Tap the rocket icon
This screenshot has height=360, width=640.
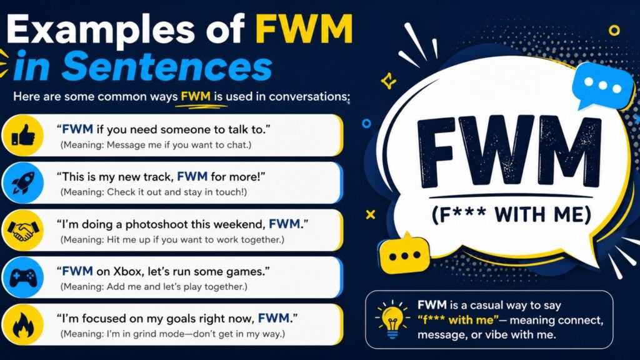(x=23, y=182)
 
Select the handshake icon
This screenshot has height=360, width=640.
(x=23, y=230)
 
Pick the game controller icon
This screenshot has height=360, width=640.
(x=23, y=277)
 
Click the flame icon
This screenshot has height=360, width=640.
(x=23, y=325)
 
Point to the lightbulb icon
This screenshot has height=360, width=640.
(x=392, y=319)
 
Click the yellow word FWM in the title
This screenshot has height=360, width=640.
(x=304, y=29)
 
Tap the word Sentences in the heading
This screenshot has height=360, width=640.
(x=166, y=66)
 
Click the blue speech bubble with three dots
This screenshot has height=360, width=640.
(x=602, y=86)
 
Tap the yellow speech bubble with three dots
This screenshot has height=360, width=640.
(x=404, y=254)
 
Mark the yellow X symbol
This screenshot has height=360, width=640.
(x=371, y=214)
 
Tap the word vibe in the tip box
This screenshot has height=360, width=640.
(x=497, y=335)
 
